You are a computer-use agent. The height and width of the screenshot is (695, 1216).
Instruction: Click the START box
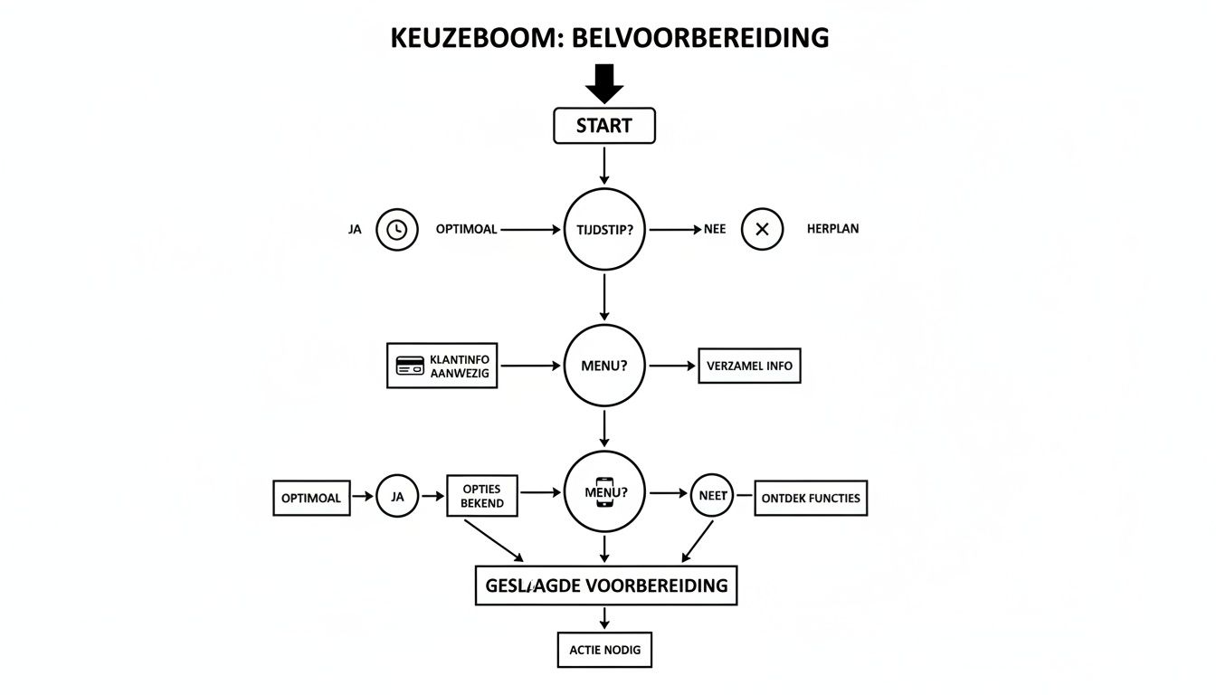pos(603,126)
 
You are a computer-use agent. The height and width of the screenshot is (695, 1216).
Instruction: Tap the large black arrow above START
pos(604,83)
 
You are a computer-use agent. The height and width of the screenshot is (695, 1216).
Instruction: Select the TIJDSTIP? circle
pos(604,230)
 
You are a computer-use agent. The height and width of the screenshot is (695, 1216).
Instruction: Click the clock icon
pos(396,230)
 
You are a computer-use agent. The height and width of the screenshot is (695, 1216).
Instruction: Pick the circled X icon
pos(762,230)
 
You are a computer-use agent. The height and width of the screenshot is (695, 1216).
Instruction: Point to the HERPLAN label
pos(832,230)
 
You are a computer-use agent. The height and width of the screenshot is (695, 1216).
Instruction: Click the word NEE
pos(716,230)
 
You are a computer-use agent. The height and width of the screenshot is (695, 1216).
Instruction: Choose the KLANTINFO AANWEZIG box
pos(442,366)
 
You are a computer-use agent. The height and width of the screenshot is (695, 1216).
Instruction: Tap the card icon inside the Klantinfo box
pos(410,366)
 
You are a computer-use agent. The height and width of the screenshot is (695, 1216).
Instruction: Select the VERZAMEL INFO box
pos(749,366)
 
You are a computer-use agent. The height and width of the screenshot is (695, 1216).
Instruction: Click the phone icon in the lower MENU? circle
pos(604,493)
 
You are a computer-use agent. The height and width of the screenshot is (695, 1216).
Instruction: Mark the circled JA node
pos(396,497)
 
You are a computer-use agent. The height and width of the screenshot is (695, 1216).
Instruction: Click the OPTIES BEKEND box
pos(482,497)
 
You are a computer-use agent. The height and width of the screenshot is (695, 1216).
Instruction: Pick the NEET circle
pos(712,497)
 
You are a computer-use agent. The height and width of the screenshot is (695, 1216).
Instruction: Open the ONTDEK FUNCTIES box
pos(811,498)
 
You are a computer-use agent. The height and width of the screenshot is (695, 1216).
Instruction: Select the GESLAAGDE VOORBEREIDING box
pos(606,586)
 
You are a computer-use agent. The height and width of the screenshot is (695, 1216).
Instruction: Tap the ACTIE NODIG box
pos(604,650)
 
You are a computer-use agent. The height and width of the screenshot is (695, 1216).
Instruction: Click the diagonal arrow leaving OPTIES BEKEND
pos(493,540)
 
